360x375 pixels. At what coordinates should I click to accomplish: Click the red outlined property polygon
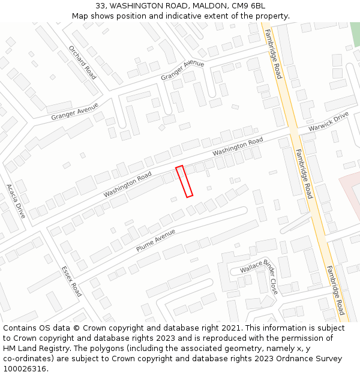184,181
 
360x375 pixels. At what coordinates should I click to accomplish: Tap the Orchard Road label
82,62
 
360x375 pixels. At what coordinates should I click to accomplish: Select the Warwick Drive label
328,122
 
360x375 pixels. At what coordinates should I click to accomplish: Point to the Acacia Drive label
16,200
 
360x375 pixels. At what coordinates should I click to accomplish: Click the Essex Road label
71,281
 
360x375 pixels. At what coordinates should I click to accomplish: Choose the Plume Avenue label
156,240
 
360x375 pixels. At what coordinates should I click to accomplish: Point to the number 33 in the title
100,5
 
